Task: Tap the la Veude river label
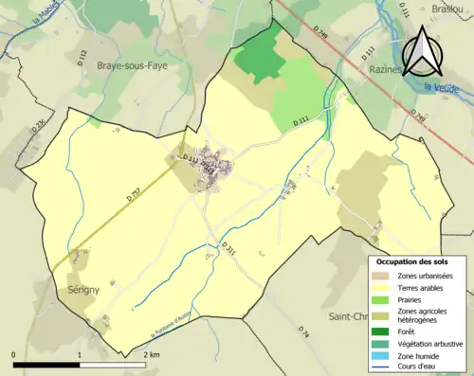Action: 443,88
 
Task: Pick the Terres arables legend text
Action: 423,286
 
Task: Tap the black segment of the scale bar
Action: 46,364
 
